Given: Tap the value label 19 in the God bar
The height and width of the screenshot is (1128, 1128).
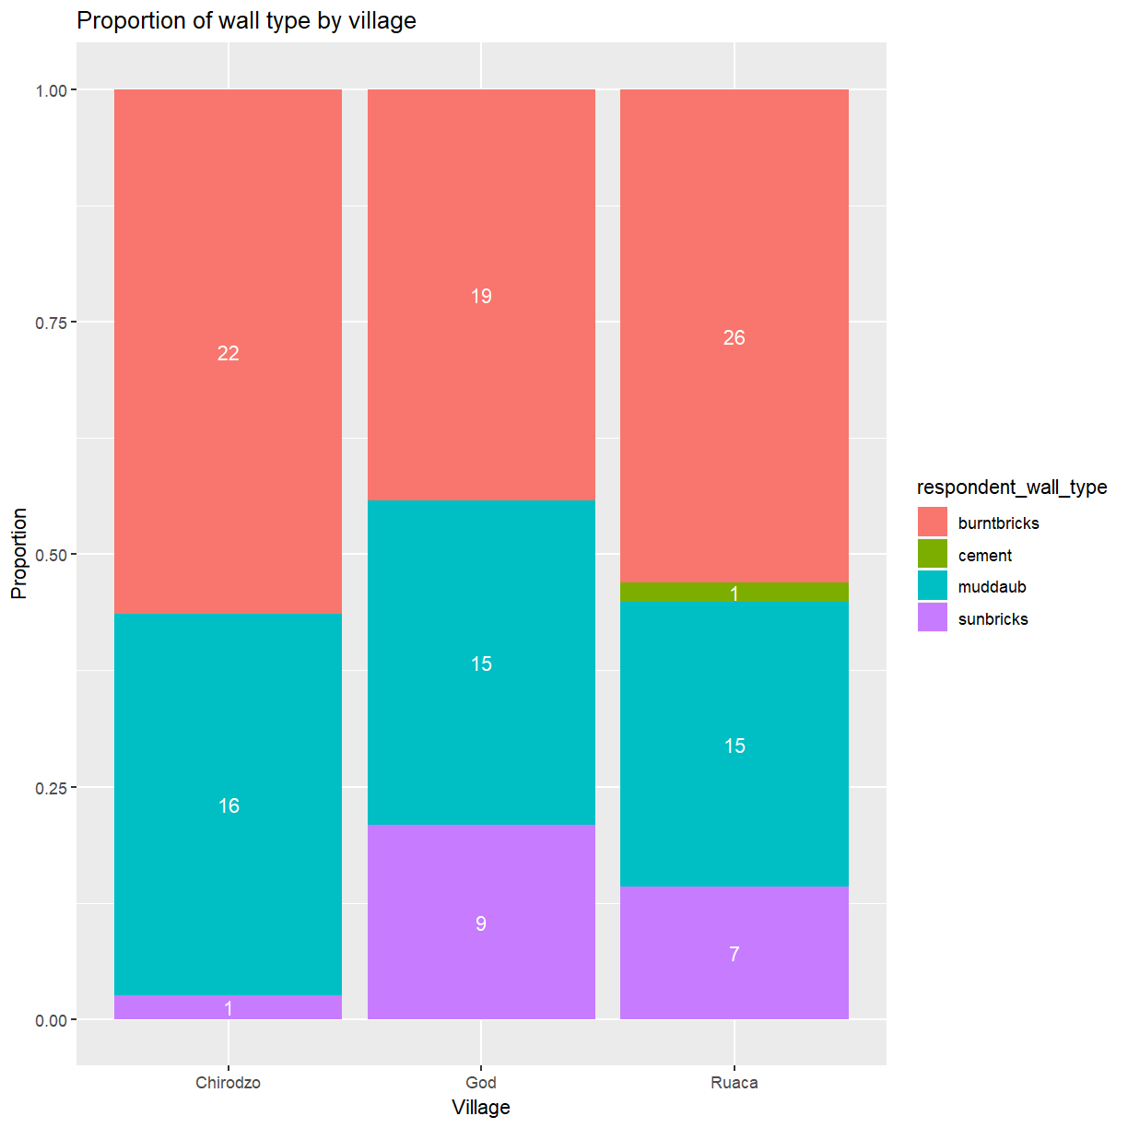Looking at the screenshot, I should pyautogui.click(x=481, y=296).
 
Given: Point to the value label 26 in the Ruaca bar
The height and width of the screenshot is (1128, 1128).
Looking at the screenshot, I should pyautogui.click(x=734, y=337).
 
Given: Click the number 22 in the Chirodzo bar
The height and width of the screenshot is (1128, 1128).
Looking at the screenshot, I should pyautogui.click(x=228, y=353).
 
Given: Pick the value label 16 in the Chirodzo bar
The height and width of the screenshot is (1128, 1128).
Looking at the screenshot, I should pyautogui.click(x=228, y=805).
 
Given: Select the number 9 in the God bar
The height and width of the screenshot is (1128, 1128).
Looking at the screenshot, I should pyautogui.click(x=481, y=923).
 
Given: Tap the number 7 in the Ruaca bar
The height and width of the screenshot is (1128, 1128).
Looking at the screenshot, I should pyautogui.click(x=734, y=954).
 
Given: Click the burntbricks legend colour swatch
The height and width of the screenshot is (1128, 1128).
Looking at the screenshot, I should pyautogui.click(x=932, y=523).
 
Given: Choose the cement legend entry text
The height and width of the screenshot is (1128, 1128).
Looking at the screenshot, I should pyautogui.click(x=984, y=556).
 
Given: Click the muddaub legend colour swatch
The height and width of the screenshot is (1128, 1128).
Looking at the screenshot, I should pyautogui.click(x=932, y=586).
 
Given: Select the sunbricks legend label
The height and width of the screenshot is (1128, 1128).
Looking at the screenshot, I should pyautogui.click(x=993, y=619).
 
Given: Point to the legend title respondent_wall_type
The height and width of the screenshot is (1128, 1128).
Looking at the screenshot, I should pyautogui.click(x=1011, y=487).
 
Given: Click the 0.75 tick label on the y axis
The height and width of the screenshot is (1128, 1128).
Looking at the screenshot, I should pyautogui.click(x=52, y=323).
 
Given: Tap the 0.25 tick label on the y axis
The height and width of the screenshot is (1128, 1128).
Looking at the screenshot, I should pyautogui.click(x=52, y=788).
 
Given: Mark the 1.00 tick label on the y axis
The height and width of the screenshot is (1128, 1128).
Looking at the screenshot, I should pyautogui.click(x=52, y=90).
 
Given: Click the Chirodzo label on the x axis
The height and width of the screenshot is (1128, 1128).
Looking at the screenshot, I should pyautogui.click(x=228, y=1082).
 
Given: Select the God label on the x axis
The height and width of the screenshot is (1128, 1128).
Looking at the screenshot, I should pyautogui.click(x=481, y=1082).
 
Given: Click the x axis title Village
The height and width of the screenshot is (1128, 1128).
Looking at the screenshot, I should pyautogui.click(x=481, y=1107).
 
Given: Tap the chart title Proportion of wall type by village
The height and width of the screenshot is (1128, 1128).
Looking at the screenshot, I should pyautogui.click(x=246, y=20).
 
